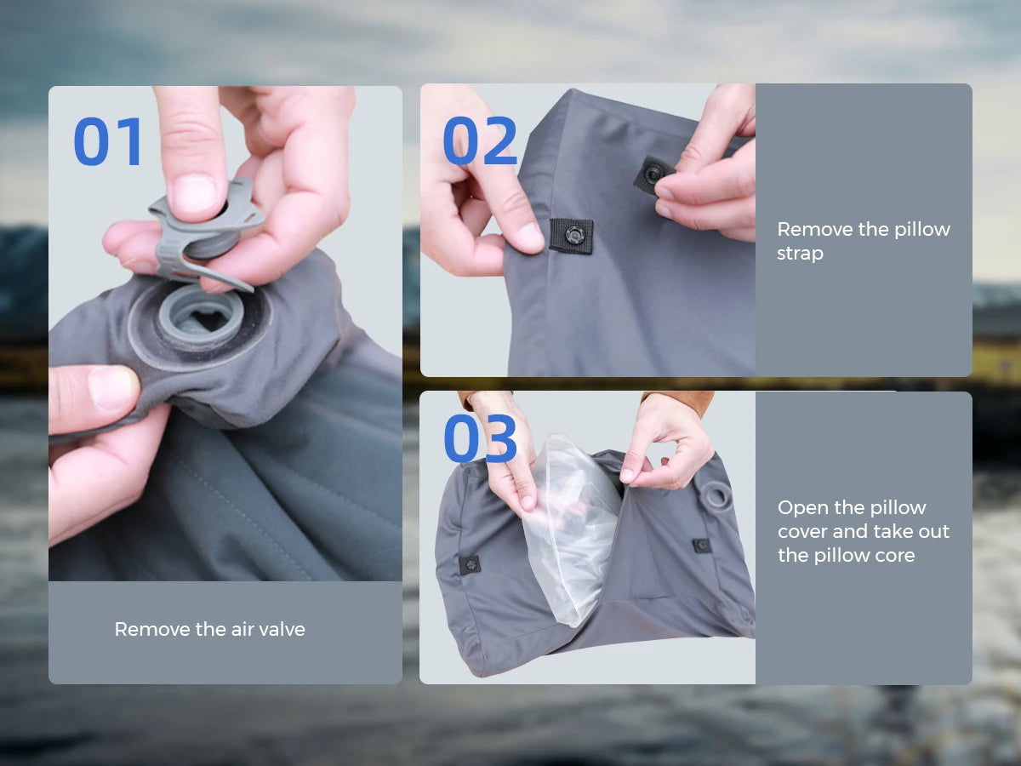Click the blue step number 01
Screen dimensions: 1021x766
coord(108,141)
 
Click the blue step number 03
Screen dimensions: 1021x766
coord(480,438)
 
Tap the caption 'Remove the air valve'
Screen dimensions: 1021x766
coord(210,629)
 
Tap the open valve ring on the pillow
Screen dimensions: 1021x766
coord(201,317)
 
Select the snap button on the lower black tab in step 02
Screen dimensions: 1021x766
coord(573,235)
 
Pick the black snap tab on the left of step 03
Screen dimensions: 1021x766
coord(470,565)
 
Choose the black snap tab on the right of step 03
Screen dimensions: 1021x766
coord(701,545)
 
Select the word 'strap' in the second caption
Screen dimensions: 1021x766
coord(800,254)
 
